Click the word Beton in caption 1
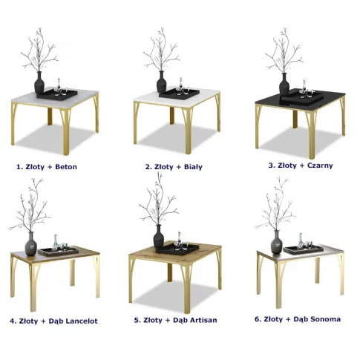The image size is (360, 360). [66, 167]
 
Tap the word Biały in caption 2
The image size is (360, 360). [193, 167]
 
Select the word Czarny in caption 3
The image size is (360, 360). [320, 166]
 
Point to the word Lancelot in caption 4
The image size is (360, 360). [82, 321]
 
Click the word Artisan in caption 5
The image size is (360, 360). [203, 320]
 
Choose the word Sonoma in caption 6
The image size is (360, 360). [325, 319]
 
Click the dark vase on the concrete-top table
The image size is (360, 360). [39, 83]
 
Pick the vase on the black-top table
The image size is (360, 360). [284, 84]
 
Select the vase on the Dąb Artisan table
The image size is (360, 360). [159, 237]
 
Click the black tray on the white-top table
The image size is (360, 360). [180, 94]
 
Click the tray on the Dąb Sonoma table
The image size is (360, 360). [304, 249]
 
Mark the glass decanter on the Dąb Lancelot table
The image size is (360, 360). [55, 243]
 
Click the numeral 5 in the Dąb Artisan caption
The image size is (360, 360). [137, 320]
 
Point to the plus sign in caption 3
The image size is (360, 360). [302, 166]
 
